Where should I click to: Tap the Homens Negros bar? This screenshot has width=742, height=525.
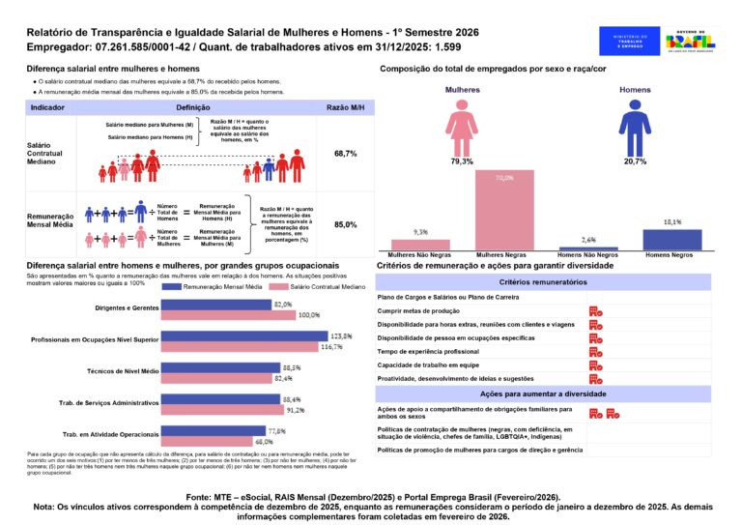[x=671, y=240]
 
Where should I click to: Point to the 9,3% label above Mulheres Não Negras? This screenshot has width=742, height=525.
[x=420, y=232]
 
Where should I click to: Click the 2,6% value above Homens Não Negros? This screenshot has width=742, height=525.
[x=588, y=239]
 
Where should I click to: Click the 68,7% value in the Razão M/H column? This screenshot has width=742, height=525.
[x=345, y=154]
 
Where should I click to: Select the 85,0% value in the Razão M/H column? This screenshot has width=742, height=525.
[x=345, y=224]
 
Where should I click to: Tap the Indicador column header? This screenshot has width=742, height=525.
[x=48, y=106]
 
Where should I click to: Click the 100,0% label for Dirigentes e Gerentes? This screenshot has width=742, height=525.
[x=308, y=315]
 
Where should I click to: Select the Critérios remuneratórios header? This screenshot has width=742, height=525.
[x=543, y=281]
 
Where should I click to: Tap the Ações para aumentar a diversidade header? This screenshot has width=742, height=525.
[x=543, y=395]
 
